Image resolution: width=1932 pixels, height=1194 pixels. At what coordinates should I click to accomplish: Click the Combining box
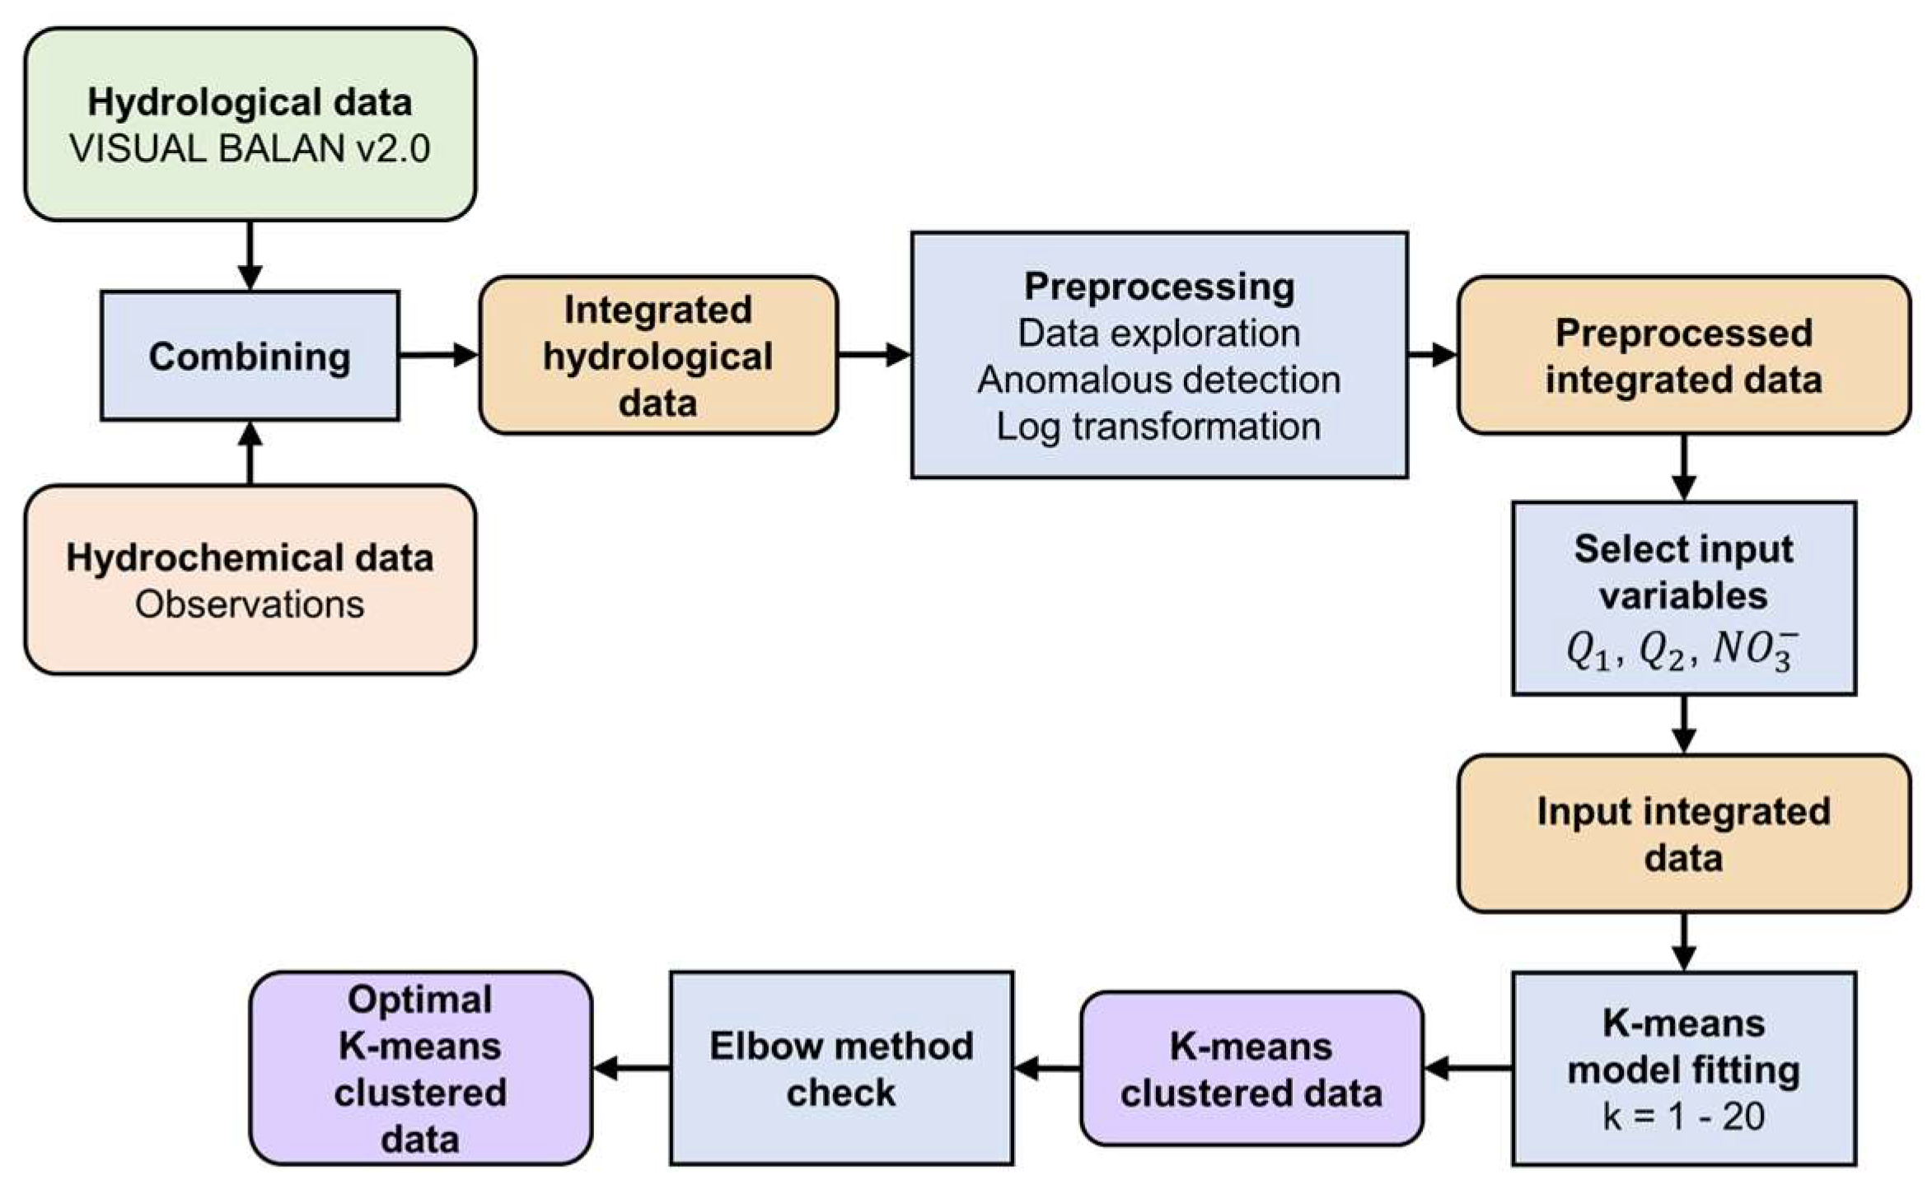[250, 356]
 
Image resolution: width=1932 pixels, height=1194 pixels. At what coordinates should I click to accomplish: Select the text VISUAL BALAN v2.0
[250, 149]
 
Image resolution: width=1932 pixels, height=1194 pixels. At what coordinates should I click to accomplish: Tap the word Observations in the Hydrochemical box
[250, 604]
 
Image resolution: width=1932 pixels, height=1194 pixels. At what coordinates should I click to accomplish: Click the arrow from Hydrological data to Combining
[250, 254]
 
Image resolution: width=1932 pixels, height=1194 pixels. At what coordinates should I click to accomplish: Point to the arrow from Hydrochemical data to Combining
[250, 453]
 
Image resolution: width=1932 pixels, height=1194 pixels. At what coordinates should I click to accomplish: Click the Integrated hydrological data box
[657, 356]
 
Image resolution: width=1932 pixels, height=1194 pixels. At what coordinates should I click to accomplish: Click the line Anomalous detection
[1158, 380]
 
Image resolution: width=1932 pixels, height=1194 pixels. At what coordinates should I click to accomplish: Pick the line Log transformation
[1158, 427]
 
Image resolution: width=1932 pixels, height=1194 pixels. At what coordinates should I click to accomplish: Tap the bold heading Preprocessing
[1158, 287]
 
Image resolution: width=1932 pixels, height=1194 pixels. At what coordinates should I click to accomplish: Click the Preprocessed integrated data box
[1683, 356]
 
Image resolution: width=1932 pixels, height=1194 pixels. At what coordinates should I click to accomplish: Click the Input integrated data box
[1683, 833]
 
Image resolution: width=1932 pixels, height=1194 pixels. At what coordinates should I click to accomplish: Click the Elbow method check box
[841, 1068]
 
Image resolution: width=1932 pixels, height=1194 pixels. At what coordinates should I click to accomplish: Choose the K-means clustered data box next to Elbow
[1251, 1069]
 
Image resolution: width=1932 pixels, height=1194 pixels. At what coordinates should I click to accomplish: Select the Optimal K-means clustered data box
[420, 1068]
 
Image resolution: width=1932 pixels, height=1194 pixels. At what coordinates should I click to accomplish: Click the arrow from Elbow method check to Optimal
[631, 1069]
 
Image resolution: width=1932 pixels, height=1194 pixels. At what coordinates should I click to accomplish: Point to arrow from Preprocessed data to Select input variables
[1683, 467]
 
